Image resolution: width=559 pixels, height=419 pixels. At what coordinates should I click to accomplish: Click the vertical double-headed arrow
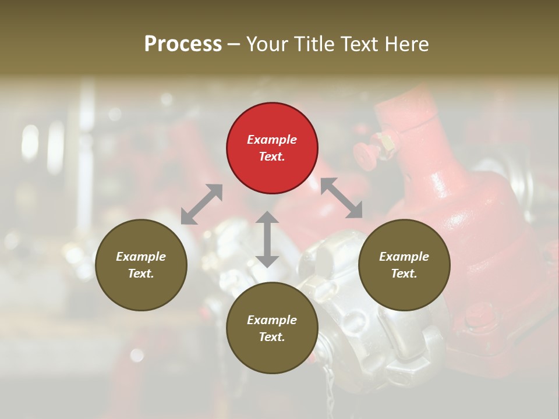tap(267, 239)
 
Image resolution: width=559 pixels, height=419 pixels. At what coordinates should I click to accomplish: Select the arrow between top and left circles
tap(201, 204)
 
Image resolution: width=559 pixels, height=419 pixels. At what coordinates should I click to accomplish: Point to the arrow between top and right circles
tap(342, 198)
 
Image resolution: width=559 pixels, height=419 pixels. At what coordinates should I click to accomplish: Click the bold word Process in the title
tap(183, 44)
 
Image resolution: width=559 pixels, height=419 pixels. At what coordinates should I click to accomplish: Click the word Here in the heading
tap(408, 44)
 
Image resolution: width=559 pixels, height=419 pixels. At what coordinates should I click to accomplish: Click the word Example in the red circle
tap(272, 140)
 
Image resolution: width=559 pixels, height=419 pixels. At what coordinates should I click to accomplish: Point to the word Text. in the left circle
tap(141, 274)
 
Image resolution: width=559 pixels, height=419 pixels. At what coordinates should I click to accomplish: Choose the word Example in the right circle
tap(404, 257)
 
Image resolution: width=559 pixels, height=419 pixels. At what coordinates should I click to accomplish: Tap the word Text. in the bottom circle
tap(272, 337)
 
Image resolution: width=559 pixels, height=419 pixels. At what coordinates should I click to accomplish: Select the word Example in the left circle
tap(141, 257)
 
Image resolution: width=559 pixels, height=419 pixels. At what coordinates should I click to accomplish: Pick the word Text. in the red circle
tap(272, 157)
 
